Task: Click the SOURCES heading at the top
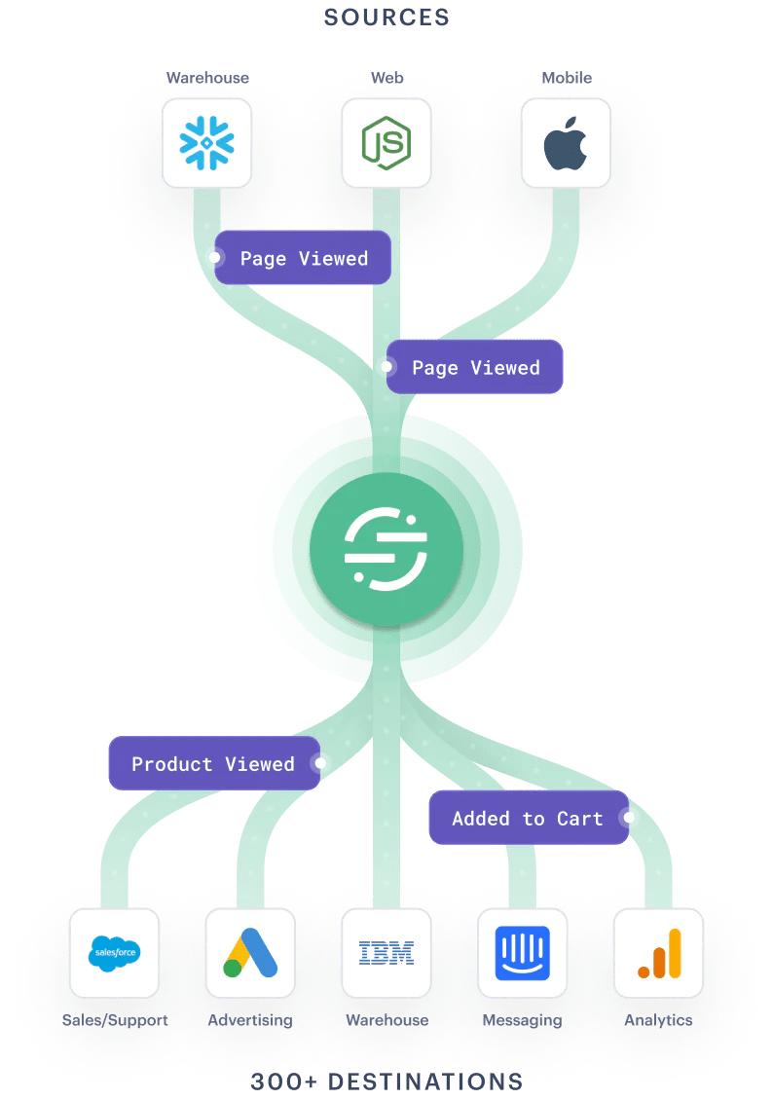[386, 18]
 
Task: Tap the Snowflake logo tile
[206, 143]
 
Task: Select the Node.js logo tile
[386, 143]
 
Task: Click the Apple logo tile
[566, 143]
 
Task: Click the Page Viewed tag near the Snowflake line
[304, 258]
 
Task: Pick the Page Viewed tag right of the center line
[475, 367]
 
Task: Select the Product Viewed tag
[213, 763]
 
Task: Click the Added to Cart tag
[527, 818]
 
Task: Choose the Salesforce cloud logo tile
[114, 952]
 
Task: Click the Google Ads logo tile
[250, 952]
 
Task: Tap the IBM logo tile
[386, 952]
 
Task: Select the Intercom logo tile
[522, 952]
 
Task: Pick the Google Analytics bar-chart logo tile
[658, 952]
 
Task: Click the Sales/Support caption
[115, 1020]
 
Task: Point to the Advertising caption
[250, 1020]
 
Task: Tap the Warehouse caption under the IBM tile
[386, 1020]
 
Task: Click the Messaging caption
[522, 1020]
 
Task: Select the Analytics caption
[658, 1020]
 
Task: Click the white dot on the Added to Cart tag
[628, 818]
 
